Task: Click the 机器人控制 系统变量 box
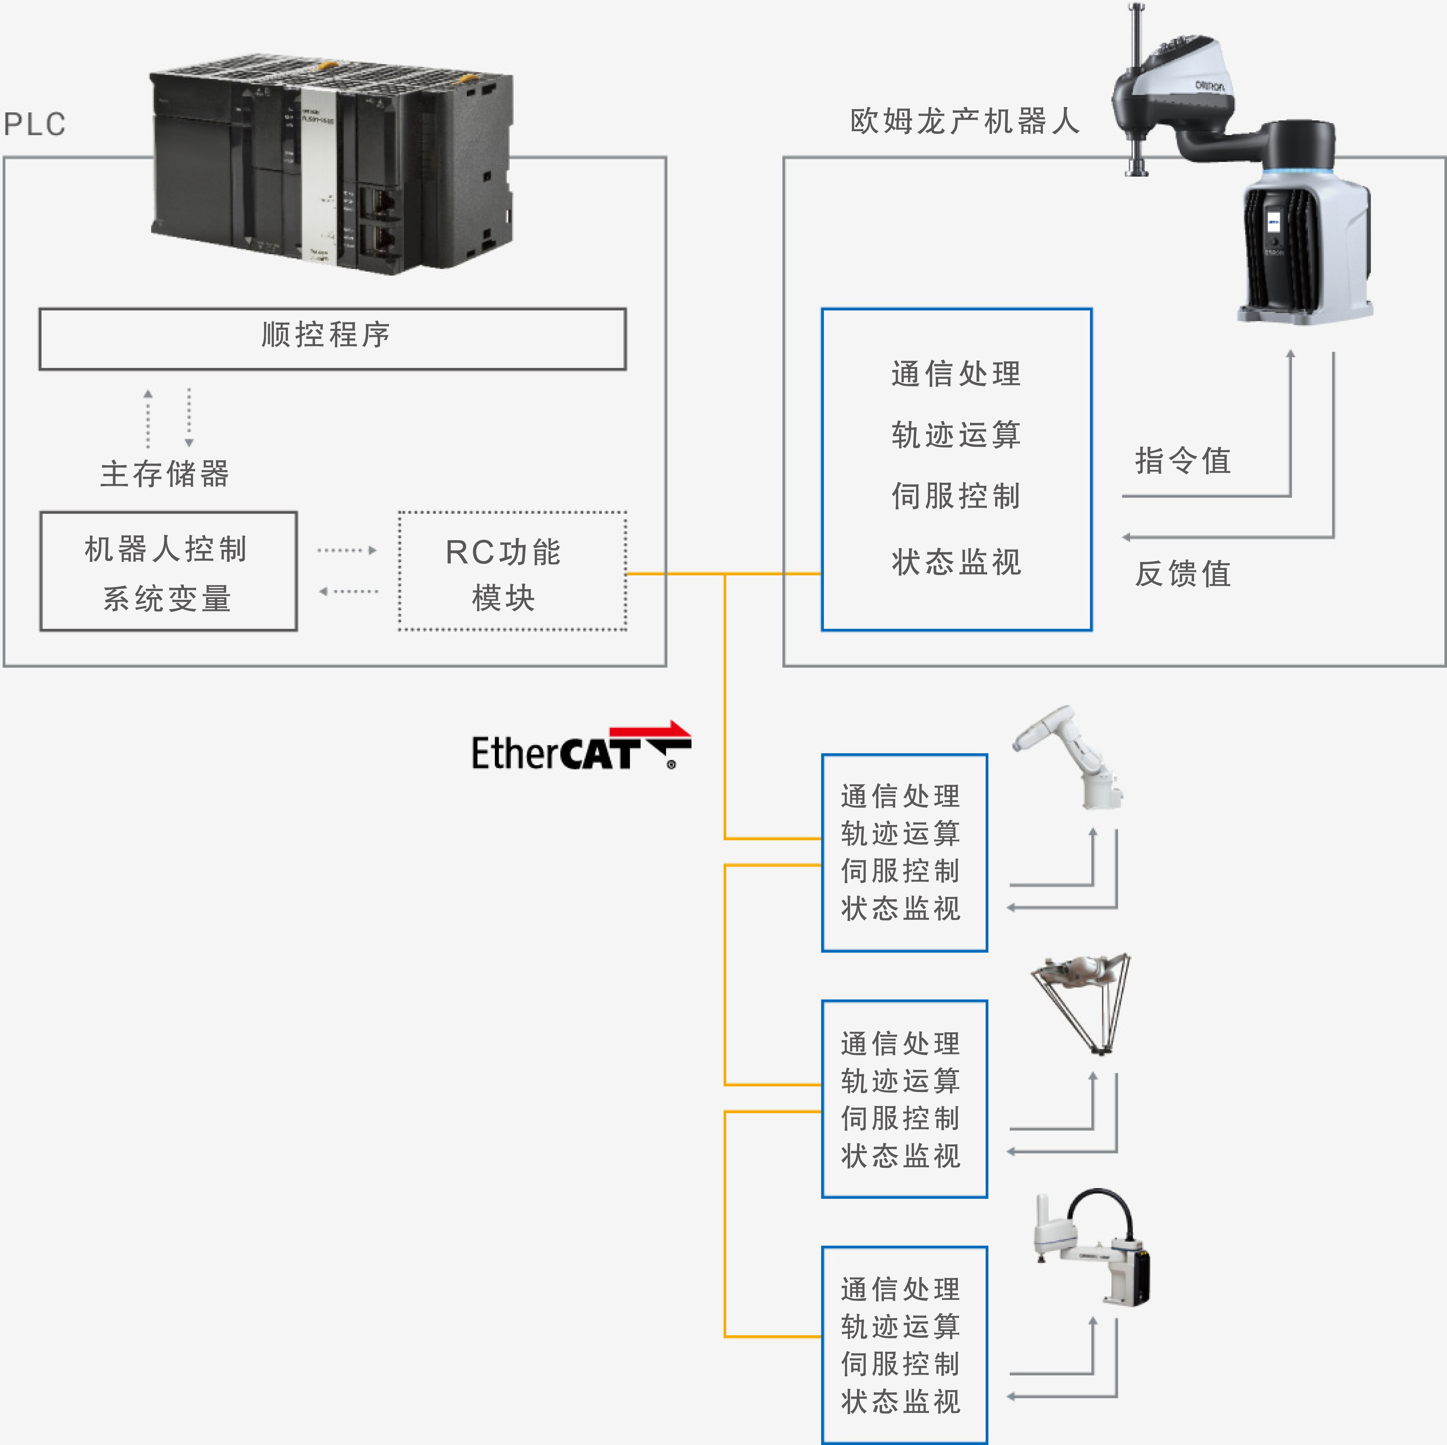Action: [169, 572]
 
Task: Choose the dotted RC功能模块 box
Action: [512, 572]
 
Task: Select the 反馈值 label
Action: [1183, 574]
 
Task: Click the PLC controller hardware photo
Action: [332, 165]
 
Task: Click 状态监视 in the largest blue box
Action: [957, 562]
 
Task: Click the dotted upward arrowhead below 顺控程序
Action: [148, 393]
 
